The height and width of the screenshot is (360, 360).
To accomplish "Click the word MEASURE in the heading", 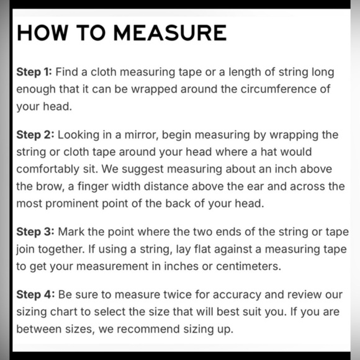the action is click(x=170, y=33).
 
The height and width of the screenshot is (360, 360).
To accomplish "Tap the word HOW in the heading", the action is click(x=43, y=33).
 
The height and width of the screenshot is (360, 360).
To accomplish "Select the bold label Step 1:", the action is click(x=34, y=72).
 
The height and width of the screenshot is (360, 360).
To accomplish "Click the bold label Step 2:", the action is click(x=35, y=135).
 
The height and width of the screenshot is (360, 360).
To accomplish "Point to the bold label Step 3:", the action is click(x=35, y=232).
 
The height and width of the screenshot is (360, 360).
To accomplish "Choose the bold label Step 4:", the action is click(x=35, y=294).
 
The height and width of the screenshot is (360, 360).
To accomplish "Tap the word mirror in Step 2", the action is click(x=142, y=135).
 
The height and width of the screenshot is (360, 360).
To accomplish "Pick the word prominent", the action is click(x=72, y=204).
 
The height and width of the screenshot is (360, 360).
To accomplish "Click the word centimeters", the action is click(x=249, y=266).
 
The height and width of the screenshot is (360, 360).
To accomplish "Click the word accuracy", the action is click(x=237, y=295).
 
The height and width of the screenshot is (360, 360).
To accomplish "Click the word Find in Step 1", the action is click(x=67, y=72).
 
